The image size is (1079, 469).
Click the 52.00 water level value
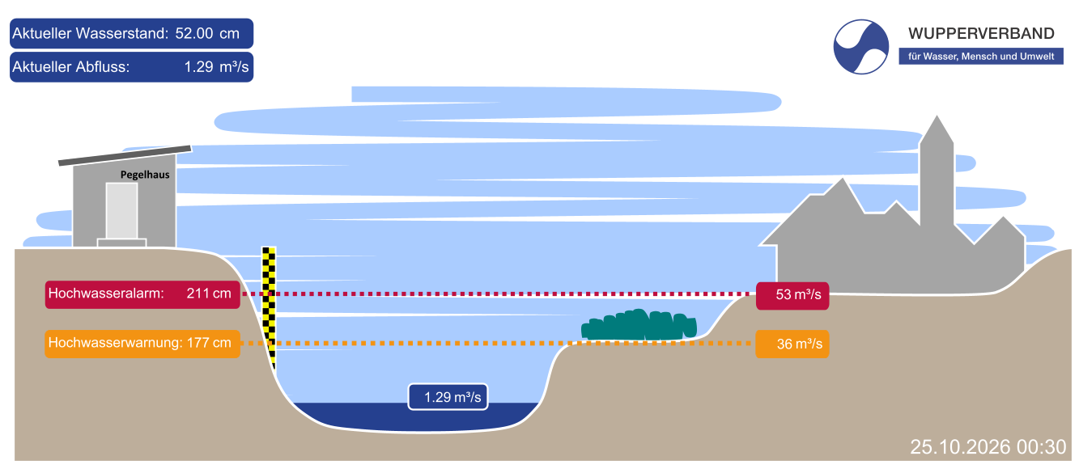[194, 33]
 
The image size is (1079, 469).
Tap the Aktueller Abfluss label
[70, 67]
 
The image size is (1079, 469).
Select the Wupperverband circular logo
[860, 47]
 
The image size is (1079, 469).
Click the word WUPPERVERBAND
[981, 34]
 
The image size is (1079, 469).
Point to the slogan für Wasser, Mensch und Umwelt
[981, 57]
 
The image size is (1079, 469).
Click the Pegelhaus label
[145, 175]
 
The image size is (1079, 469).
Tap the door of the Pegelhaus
[122, 211]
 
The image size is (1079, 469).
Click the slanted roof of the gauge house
[125, 155]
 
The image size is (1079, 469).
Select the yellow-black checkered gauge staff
[269, 308]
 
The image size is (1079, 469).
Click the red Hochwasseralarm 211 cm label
[142, 294]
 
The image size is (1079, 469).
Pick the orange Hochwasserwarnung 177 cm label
[142, 344]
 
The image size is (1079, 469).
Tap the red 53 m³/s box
[792, 295]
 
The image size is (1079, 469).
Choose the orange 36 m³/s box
[792, 344]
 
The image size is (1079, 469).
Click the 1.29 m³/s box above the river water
[448, 397]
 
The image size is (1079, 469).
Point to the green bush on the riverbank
[639, 324]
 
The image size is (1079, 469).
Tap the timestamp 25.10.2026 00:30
[988, 447]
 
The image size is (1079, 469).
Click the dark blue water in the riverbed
[414, 417]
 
